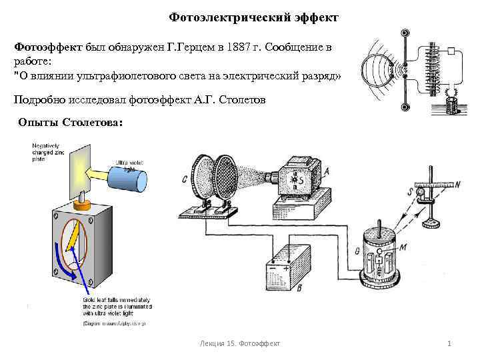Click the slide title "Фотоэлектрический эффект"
pyautogui.click(x=253, y=16)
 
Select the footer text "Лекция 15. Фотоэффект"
pyautogui.click(x=240, y=343)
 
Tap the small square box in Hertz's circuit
pyautogui.click(x=451, y=51)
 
